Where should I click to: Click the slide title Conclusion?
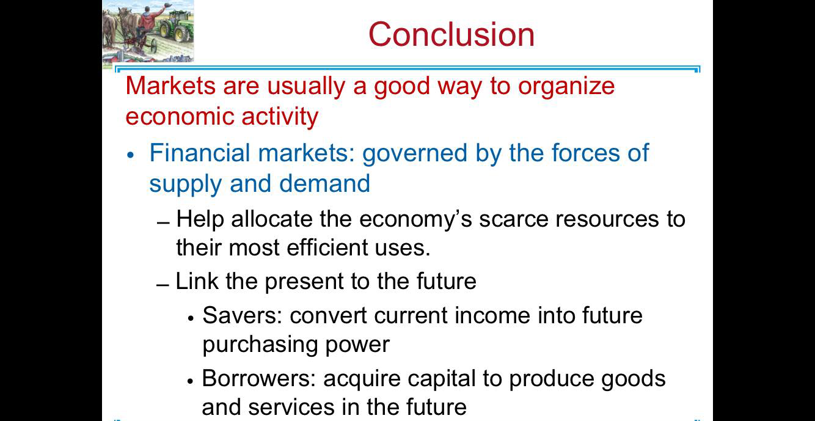[451, 34]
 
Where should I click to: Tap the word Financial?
[200, 153]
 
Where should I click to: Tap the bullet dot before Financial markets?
[130, 155]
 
